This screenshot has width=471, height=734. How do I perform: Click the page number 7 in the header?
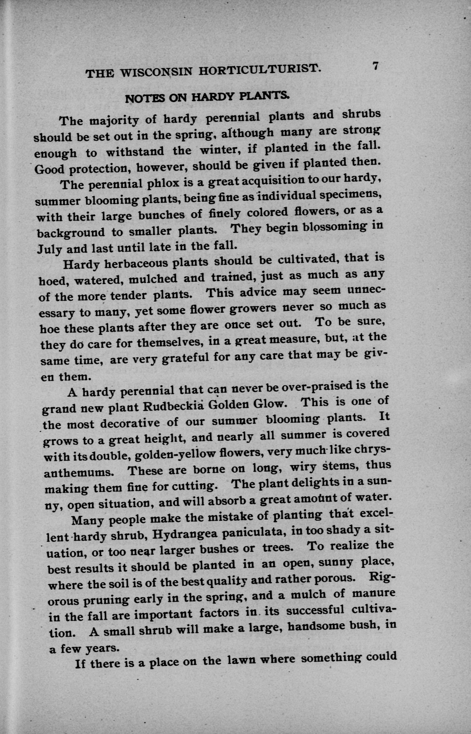[x=375, y=67]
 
